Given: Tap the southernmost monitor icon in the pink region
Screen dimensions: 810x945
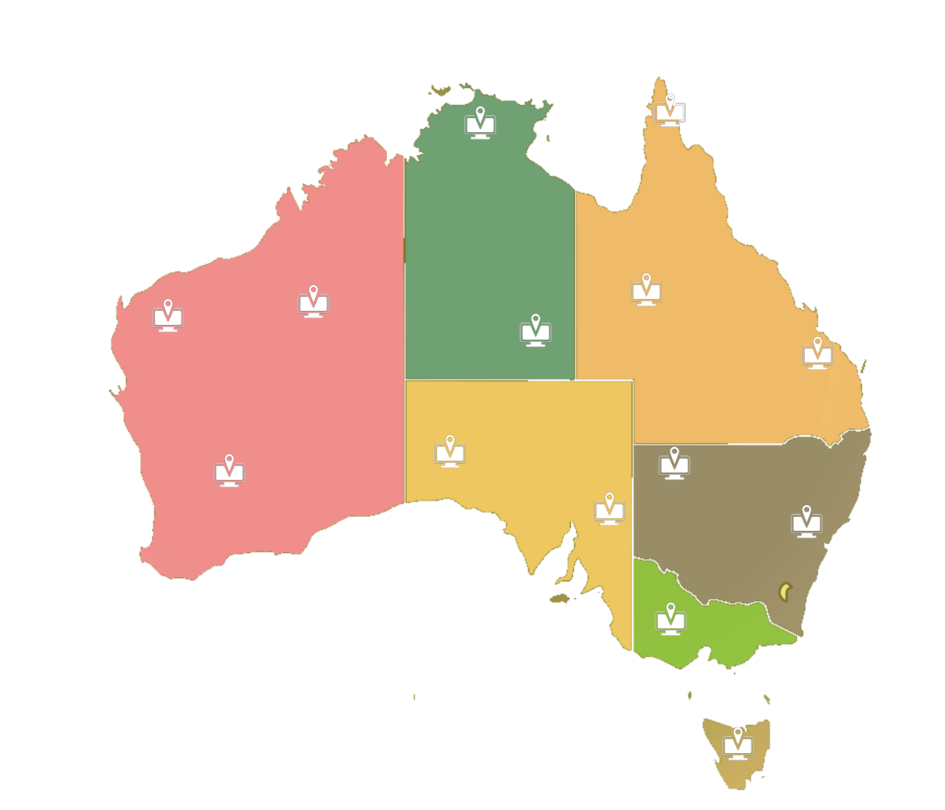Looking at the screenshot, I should tap(229, 473).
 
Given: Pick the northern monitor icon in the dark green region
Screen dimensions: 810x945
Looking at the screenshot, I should tap(480, 126).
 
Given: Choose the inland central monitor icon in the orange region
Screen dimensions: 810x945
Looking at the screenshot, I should tap(646, 292).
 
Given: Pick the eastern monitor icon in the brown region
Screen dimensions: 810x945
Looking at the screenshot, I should tap(806, 524).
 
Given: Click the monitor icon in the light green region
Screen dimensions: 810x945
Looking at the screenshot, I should tap(670, 622).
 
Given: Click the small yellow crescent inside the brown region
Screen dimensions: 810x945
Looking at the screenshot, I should tap(785, 591).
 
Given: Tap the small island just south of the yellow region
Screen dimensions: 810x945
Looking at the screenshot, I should tap(562, 598).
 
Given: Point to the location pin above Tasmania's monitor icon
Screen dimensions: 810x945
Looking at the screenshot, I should tap(738, 733).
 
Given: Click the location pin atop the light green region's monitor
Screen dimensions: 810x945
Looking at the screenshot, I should tap(670, 609).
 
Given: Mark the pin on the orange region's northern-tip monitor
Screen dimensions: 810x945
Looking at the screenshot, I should tap(670, 99).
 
